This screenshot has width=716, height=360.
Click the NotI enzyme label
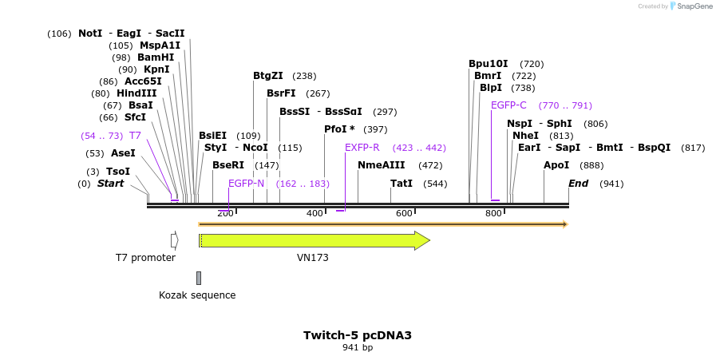[90, 34]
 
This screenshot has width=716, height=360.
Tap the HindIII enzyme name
[136, 93]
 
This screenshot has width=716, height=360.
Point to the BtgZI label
[268, 76]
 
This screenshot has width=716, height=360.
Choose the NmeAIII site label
[381, 165]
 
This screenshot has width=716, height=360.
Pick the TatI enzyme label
[402, 184]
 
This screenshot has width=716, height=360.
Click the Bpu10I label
[489, 64]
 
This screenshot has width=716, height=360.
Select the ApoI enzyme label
[556, 165]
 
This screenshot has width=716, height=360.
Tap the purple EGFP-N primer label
[246, 184]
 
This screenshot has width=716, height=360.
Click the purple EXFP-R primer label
[362, 148]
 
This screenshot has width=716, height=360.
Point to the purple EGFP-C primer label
[508, 105]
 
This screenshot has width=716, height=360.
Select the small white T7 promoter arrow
[174, 240]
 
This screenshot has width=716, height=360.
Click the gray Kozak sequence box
[199, 278]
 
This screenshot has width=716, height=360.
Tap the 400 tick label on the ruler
[314, 213]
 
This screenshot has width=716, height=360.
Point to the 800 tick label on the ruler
[493, 213]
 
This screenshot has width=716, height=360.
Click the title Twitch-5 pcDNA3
[357, 335]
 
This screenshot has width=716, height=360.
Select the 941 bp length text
[357, 347]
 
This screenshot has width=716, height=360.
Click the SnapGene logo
[691, 6]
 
